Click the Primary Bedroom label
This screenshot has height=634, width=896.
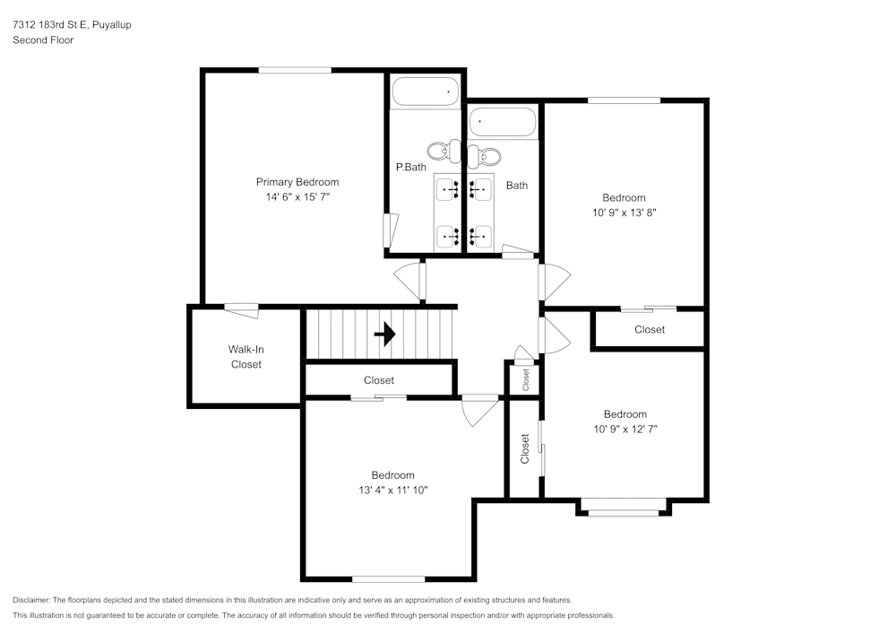(x=297, y=182)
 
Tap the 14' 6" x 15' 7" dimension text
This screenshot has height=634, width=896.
(x=297, y=196)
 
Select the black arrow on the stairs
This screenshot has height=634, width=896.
(x=385, y=334)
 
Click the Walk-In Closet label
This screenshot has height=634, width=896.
(x=246, y=357)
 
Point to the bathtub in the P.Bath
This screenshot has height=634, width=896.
(x=426, y=91)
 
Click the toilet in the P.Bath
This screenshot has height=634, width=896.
(x=444, y=151)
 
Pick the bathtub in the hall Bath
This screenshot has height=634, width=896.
(x=503, y=122)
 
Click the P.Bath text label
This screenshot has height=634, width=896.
(x=411, y=167)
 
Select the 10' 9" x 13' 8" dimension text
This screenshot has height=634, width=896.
(x=624, y=213)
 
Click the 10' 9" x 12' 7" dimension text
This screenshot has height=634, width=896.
(x=625, y=429)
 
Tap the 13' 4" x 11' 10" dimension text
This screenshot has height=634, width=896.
(x=393, y=490)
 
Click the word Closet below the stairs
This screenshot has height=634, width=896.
(x=379, y=380)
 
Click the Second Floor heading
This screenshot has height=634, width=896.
(x=43, y=40)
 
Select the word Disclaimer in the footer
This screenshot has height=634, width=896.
(x=30, y=600)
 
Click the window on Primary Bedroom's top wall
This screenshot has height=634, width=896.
(x=295, y=70)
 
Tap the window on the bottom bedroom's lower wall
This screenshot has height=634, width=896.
(x=389, y=579)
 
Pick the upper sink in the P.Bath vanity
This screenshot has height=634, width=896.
(x=448, y=188)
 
